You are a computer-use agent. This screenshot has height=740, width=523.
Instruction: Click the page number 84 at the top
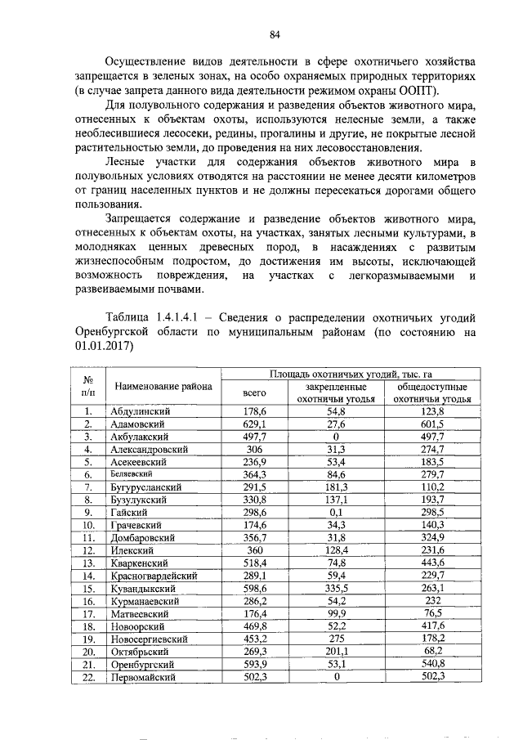point(275,34)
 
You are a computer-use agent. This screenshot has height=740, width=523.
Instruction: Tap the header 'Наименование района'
point(163,386)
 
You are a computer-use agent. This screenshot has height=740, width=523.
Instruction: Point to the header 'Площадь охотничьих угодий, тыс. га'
point(362,373)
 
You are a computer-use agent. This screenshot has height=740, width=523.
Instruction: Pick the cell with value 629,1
point(256,425)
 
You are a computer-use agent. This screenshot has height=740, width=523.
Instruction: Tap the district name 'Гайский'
point(129,511)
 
